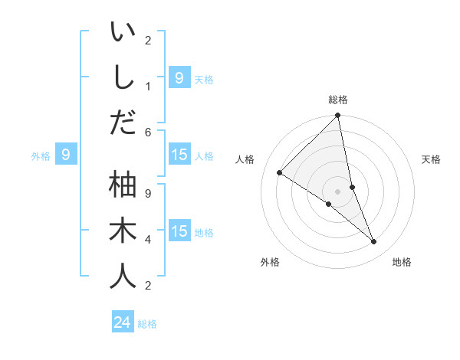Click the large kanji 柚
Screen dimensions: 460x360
click(123, 185)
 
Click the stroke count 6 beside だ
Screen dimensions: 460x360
click(148, 132)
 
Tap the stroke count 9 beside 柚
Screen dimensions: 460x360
click(148, 193)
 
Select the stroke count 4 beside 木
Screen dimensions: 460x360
click(148, 240)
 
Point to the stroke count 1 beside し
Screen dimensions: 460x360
click(148, 86)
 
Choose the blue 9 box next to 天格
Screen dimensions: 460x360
click(179, 77)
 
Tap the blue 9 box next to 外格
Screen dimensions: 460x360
click(66, 155)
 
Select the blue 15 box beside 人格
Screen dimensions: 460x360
click(179, 155)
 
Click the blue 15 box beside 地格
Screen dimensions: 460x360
click(179, 231)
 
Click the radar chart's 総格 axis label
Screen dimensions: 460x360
click(338, 100)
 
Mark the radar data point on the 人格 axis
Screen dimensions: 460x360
click(280, 173)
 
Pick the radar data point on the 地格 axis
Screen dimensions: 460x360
click(374, 242)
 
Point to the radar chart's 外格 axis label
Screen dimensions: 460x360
click(269, 262)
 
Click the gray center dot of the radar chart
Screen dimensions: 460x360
click(338, 191)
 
